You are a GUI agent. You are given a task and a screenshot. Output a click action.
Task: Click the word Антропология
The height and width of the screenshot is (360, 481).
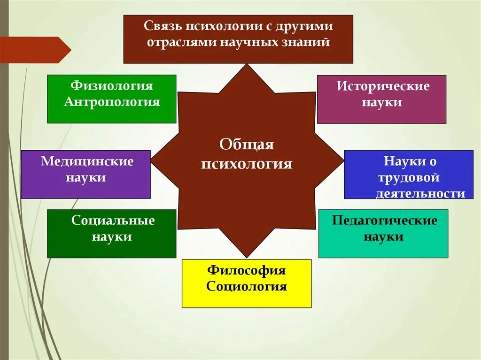pos(112,102)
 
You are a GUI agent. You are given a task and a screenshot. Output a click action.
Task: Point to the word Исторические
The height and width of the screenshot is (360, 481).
pos(382,86)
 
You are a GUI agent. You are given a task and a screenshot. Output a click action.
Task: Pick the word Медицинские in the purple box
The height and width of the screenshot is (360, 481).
pos(87,161)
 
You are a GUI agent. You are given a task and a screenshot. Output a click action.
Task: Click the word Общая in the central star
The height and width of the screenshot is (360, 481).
pos(247,145)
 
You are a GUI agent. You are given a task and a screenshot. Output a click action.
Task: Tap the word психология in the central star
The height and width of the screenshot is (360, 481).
pos(247,164)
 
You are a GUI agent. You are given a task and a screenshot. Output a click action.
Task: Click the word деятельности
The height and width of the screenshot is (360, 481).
pos(420,193)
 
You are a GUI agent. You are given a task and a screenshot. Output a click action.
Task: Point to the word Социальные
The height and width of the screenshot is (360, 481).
pos(113,221)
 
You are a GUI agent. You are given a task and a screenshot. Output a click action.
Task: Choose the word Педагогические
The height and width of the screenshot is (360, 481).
pos(384,221)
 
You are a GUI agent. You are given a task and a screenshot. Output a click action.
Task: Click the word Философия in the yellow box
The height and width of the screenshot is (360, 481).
pos(247,270)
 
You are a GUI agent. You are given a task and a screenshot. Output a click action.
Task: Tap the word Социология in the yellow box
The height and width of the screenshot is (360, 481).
pos(247,286)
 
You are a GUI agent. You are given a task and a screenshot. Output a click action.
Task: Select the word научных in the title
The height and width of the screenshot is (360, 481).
pos(263,42)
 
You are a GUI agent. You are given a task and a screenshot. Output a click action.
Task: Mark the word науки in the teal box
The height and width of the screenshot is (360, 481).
pos(383,237)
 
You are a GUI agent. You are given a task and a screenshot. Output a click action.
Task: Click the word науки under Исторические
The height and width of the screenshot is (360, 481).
pos(382,102)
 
